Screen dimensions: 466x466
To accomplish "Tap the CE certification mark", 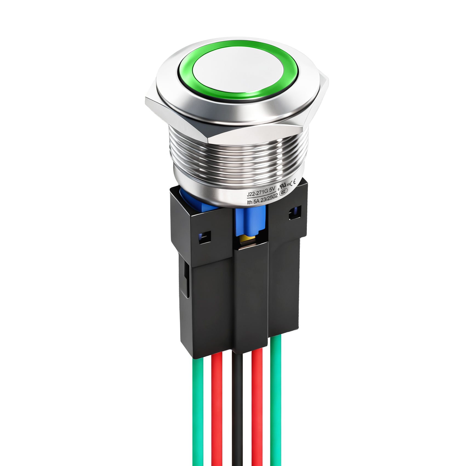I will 293,182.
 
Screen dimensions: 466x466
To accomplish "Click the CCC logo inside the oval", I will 283,192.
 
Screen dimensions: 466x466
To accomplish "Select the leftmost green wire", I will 197,411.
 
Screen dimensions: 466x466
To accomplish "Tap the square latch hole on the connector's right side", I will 295,212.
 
